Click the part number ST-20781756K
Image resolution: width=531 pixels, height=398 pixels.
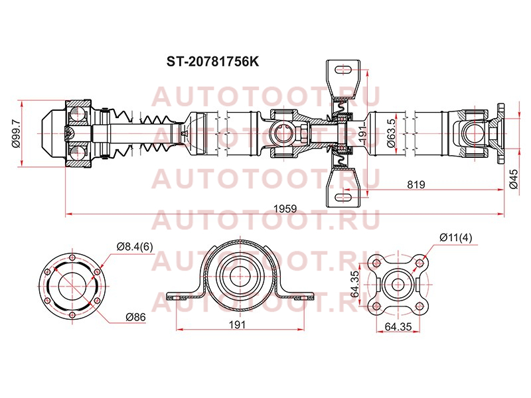tap(212, 62)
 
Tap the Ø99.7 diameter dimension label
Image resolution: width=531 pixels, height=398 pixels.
tap(15, 134)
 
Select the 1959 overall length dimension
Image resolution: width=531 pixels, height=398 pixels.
tap(285, 208)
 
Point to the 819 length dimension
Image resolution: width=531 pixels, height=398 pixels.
tap(416, 184)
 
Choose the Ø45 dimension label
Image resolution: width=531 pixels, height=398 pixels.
tap(513, 179)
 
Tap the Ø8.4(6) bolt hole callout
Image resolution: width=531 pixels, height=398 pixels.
tap(135, 247)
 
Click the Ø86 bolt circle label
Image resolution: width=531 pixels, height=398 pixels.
tap(135, 317)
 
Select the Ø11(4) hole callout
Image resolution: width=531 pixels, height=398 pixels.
tap(456, 238)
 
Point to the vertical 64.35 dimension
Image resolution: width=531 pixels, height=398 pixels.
tap(354, 284)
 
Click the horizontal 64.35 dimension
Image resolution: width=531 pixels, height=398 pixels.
tap(399, 326)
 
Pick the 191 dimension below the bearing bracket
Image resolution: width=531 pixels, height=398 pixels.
tap(238, 325)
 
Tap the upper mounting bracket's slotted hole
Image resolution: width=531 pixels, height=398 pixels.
tap(343, 70)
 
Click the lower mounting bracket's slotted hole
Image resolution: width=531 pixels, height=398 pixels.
tap(343, 196)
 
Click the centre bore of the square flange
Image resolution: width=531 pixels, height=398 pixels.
tap(398, 285)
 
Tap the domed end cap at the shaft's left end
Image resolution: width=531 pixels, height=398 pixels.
tap(53, 133)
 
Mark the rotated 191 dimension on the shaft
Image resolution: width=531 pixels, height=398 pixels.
tap(362, 133)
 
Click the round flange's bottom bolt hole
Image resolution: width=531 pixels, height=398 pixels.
tap(72, 315)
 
